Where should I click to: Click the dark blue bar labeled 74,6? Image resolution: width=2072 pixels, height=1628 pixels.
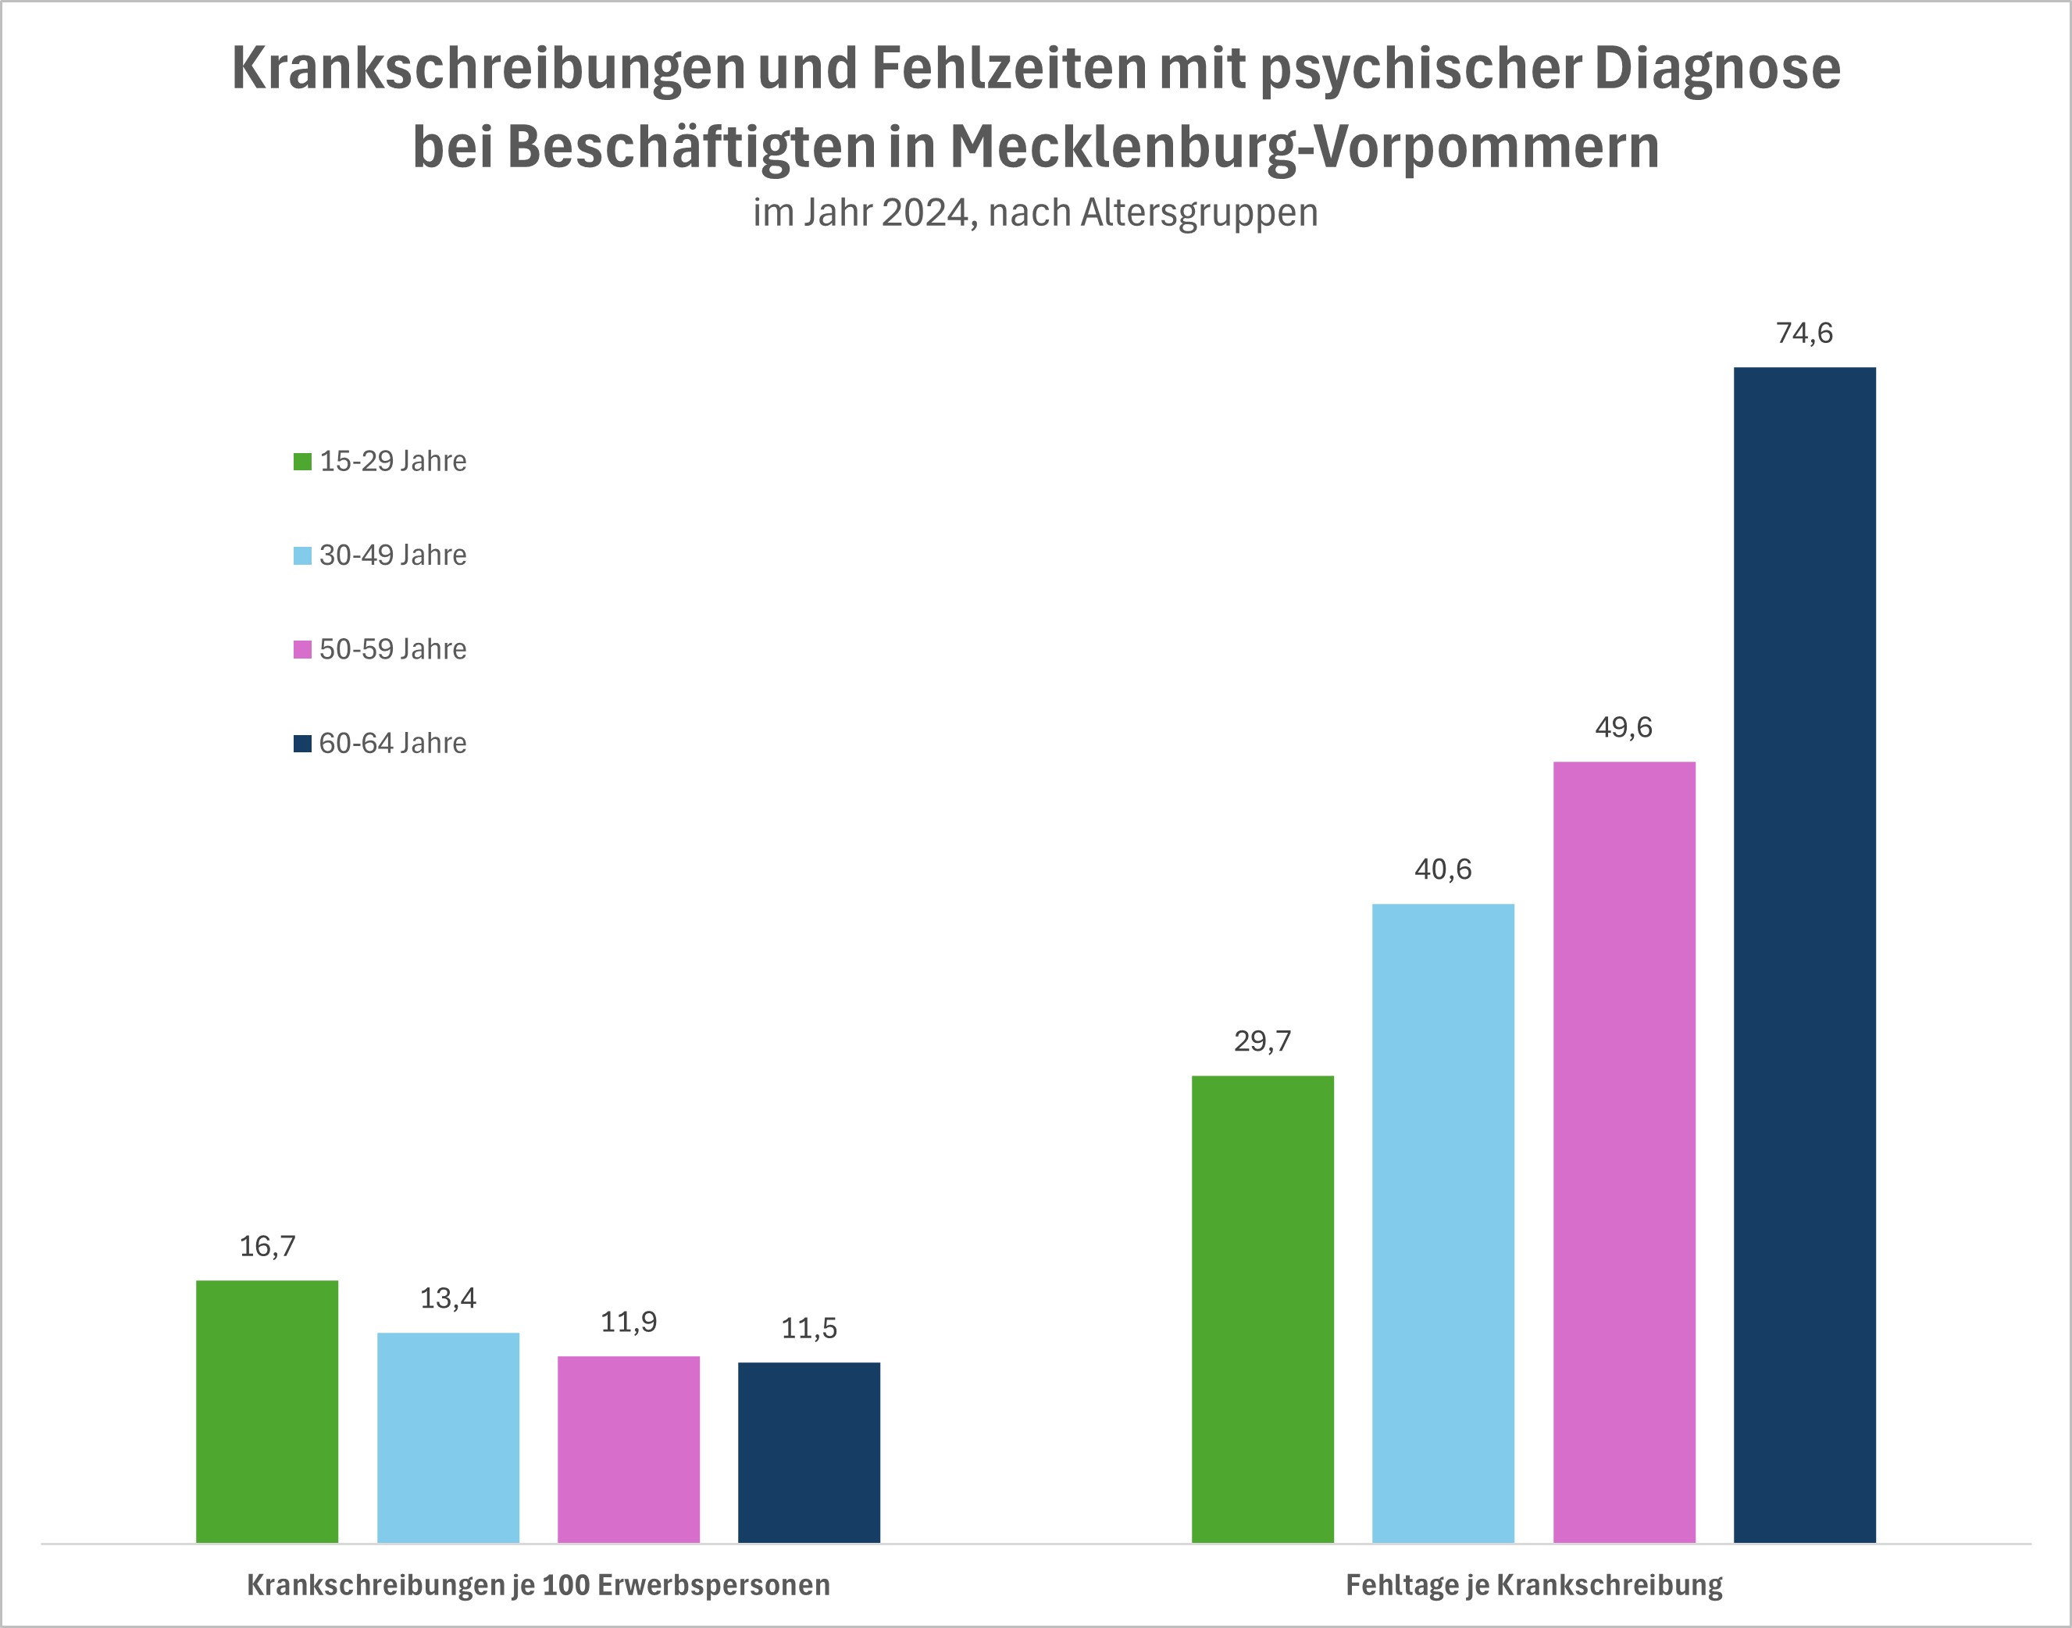coord(1804,953)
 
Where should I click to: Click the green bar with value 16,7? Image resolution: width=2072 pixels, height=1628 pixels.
coord(267,1411)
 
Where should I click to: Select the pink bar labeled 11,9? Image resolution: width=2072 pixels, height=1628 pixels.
coord(628,1449)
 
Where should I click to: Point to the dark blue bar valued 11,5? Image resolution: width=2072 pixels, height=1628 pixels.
coord(809,1451)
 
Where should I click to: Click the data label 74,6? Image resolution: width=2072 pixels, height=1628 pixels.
coord(1804,333)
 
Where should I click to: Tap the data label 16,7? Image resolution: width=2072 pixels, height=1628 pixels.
coord(267,1246)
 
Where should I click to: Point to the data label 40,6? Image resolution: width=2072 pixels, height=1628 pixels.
coord(1443,869)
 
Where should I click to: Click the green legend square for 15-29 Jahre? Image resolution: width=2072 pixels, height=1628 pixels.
coord(302,462)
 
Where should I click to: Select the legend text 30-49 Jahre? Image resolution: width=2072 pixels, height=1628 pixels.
coord(393,555)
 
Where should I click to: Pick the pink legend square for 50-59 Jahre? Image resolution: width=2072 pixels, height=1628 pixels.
coord(302,649)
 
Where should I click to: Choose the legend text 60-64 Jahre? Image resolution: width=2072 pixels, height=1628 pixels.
coord(393,742)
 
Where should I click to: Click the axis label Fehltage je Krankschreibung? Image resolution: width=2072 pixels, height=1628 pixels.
coord(1534,1585)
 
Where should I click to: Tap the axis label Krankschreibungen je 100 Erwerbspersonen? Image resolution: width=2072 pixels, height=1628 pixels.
coord(538,1585)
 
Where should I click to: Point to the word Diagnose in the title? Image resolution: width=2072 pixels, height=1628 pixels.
coord(1717,68)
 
